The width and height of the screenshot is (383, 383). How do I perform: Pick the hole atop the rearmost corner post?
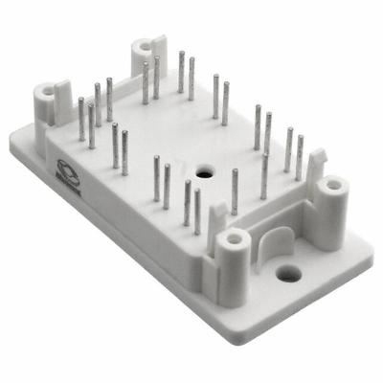point(144,44)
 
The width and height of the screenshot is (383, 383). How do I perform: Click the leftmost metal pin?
point(81,119)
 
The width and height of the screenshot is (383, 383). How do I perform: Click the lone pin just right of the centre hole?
point(235,191)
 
